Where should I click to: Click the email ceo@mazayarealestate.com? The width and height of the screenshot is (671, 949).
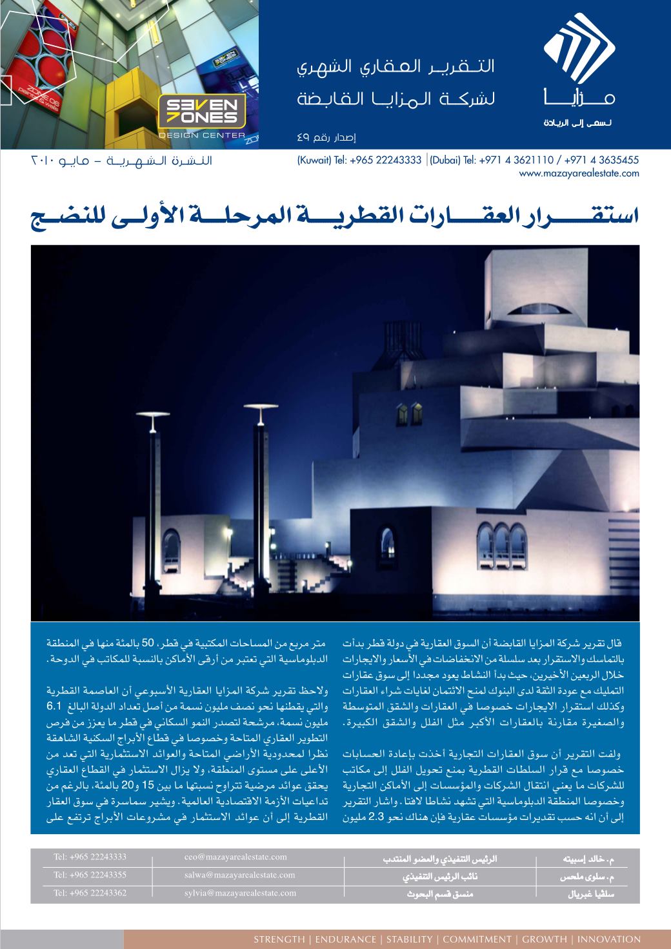click(235, 857)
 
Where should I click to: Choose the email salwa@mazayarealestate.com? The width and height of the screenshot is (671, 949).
click(239, 875)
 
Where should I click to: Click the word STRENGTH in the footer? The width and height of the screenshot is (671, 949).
click(279, 939)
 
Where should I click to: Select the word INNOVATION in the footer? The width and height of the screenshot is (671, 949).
click(609, 939)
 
